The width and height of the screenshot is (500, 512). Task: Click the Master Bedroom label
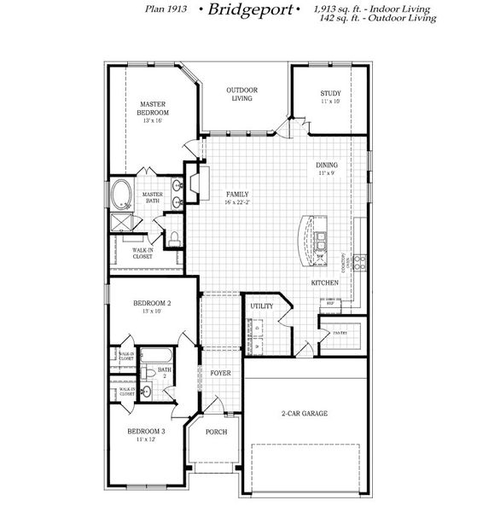pyautogui.click(x=154, y=108)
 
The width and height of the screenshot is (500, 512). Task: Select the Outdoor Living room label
pyautogui.click(x=242, y=94)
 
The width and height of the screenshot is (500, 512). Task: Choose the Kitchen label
pyautogui.click(x=326, y=282)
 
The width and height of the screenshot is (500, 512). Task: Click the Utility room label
pyautogui.click(x=261, y=305)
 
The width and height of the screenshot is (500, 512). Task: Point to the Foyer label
pyautogui.click(x=220, y=373)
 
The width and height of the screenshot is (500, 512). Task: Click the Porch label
pyautogui.click(x=217, y=432)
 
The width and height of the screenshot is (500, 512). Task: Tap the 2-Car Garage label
pyautogui.click(x=305, y=414)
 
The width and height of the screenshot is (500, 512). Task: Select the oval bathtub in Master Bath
pyautogui.click(x=120, y=195)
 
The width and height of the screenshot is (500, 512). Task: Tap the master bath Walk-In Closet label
pyautogui.click(x=143, y=253)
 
